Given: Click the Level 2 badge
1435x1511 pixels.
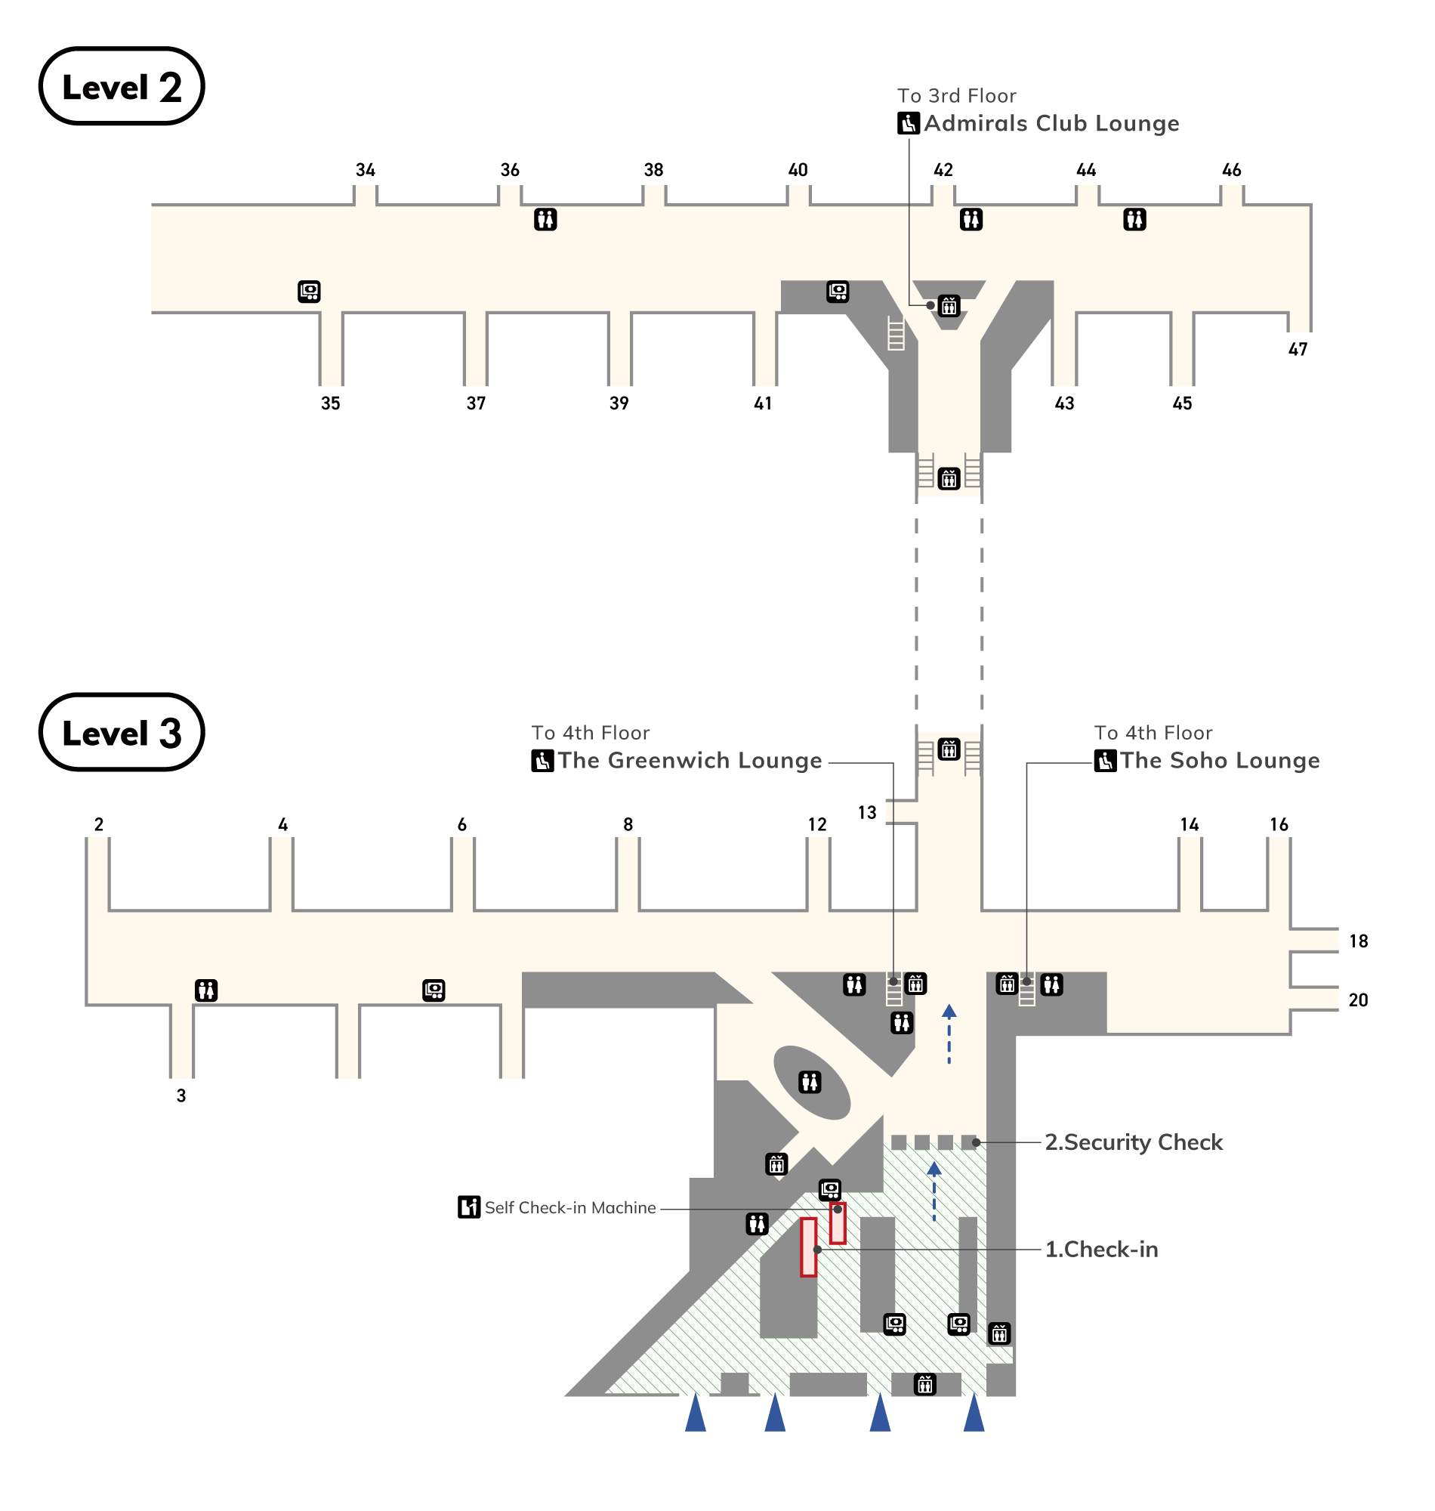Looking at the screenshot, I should click(x=122, y=86).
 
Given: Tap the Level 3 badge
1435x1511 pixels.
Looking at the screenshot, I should click(x=122, y=732).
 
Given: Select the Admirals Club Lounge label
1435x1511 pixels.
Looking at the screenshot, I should click(x=1051, y=123).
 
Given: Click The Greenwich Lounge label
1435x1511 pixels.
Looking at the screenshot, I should click(x=690, y=761).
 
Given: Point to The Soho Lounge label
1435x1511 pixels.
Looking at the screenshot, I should click(x=1219, y=761).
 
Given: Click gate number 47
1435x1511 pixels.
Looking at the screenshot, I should click(x=1298, y=350).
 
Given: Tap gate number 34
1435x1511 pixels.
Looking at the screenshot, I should click(x=365, y=170).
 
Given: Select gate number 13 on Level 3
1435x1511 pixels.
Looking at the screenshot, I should click(x=866, y=812).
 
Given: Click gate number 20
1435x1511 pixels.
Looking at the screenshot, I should click(x=1358, y=1000).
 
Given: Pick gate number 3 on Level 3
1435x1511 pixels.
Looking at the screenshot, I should click(x=181, y=1095).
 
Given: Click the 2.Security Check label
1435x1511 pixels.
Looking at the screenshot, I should click(x=1133, y=1142).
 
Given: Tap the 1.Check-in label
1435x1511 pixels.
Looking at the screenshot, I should click(x=1100, y=1250).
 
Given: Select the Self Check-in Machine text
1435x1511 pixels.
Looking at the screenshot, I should click(x=570, y=1208).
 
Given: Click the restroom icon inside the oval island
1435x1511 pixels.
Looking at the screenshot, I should click(x=810, y=1082).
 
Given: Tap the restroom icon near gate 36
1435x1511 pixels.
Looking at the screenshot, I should click(x=545, y=220).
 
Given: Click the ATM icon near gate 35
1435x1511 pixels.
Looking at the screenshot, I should click(x=309, y=292).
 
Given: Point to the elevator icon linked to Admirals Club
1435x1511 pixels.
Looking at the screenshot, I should click(x=949, y=306).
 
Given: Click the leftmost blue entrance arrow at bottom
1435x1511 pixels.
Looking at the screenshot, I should click(x=696, y=1413).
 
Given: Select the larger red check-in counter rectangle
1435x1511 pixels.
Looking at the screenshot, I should click(x=809, y=1247).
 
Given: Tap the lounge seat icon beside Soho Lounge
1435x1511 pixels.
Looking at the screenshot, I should click(x=1104, y=762).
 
